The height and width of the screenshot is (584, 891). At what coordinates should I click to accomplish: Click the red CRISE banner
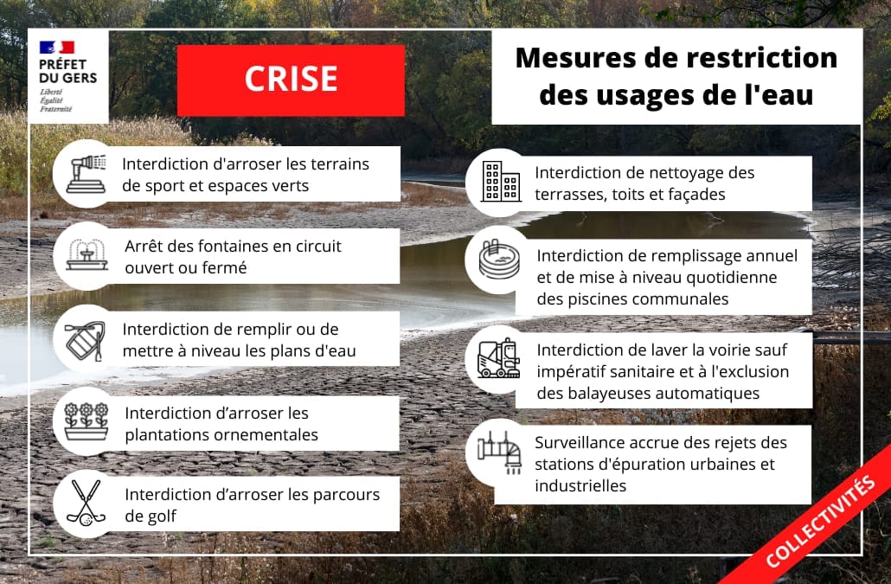pos(291,80)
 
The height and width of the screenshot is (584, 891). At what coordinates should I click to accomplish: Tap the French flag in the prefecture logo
pos(57,47)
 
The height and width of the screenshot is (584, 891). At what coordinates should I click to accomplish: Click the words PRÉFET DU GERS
pos(68,71)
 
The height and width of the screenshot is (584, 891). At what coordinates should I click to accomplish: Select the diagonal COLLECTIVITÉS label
pos(820,522)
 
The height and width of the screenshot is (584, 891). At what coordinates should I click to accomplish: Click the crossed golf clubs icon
pos(86,503)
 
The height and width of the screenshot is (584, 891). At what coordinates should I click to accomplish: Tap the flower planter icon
pos(86,421)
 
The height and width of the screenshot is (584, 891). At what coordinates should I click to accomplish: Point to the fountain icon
pos(87,255)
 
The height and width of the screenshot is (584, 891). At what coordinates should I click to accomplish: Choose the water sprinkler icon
pos(87,173)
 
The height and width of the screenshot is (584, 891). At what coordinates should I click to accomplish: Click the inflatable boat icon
pos(86,342)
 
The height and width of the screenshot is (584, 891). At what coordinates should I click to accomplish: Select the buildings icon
pos(501,182)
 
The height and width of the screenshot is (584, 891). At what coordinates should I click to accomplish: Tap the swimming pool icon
pos(499,259)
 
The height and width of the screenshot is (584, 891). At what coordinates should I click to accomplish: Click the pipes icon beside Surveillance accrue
pos(499,452)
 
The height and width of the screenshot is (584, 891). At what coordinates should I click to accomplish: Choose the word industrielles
pos(580,485)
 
